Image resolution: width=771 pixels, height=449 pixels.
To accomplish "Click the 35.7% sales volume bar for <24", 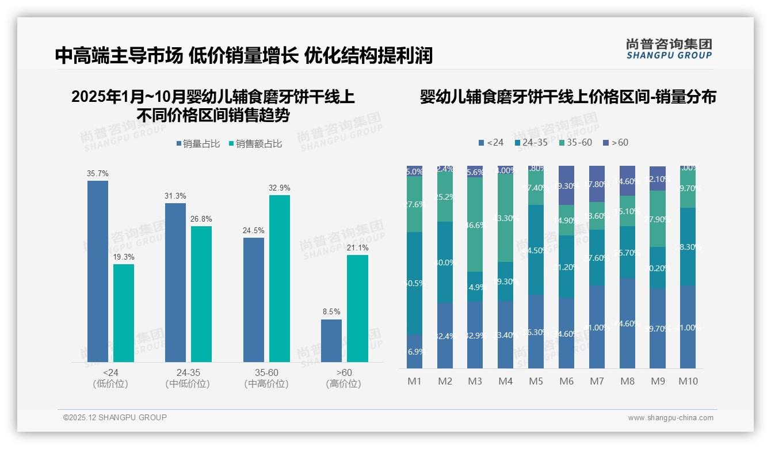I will point(98,271).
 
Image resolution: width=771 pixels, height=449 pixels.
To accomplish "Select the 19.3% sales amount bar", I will point(124,313).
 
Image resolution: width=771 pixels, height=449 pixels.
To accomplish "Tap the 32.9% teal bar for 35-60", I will point(280,279).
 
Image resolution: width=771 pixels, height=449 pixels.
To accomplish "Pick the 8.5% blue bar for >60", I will point(331,341).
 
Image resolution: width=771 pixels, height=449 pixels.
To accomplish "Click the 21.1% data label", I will point(357,248).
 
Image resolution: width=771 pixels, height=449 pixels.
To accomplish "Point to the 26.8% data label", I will point(201,219).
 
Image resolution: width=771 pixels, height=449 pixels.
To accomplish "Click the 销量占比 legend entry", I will point(197,144).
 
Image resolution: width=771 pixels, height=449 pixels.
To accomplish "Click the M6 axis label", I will point(566,381).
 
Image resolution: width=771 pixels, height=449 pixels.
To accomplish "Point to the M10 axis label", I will point(688,381).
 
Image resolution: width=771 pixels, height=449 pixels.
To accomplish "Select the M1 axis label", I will point(414,381).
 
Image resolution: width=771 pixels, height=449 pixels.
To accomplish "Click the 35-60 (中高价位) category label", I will point(266,378).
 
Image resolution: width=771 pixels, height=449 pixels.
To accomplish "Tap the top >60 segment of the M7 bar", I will point(597,184).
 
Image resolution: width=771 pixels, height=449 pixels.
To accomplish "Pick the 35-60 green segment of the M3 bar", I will point(475,224).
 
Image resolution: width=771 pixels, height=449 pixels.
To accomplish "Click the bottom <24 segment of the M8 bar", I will point(627,324).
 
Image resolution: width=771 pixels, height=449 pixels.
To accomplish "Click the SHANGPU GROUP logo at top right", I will point(669,49).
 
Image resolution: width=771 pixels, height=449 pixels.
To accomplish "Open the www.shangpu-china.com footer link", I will point(670,418).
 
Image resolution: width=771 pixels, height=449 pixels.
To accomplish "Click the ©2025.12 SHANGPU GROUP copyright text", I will point(115,417).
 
